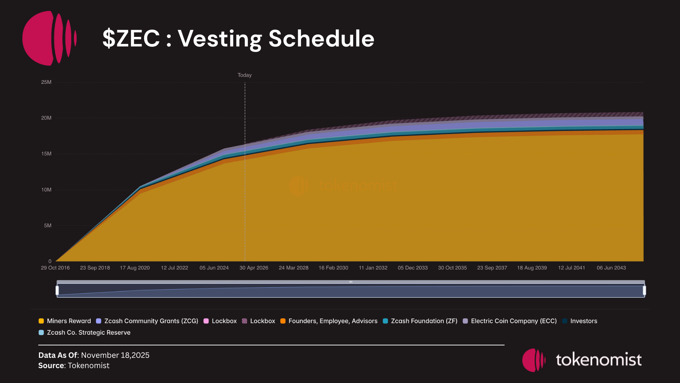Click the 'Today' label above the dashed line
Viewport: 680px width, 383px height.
click(244, 75)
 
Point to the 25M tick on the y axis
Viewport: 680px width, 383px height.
click(46, 82)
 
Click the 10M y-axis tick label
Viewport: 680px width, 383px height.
click(46, 190)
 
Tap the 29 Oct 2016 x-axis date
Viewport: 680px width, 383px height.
click(55, 268)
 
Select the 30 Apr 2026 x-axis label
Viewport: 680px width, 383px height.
click(254, 268)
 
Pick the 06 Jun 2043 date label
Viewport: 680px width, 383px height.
click(611, 268)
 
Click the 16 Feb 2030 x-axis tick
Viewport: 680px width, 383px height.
click(333, 268)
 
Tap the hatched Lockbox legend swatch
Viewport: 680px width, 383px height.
click(244, 321)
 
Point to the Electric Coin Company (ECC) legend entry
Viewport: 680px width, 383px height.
click(510, 321)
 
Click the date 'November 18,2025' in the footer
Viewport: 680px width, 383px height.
click(115, 355)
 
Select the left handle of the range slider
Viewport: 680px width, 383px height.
click(57, 290)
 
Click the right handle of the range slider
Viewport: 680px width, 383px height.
click(644, 290)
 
